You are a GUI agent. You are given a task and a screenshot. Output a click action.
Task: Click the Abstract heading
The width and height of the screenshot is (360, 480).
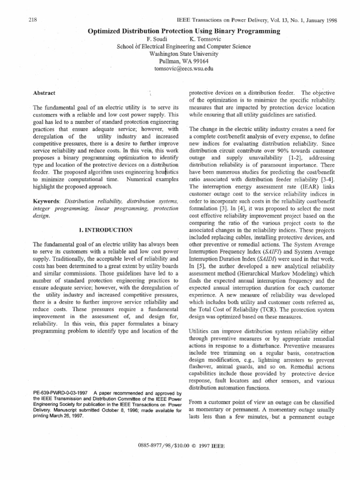(44, 93)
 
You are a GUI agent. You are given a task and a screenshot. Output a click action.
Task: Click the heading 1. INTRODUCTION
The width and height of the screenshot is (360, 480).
(106, 230)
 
